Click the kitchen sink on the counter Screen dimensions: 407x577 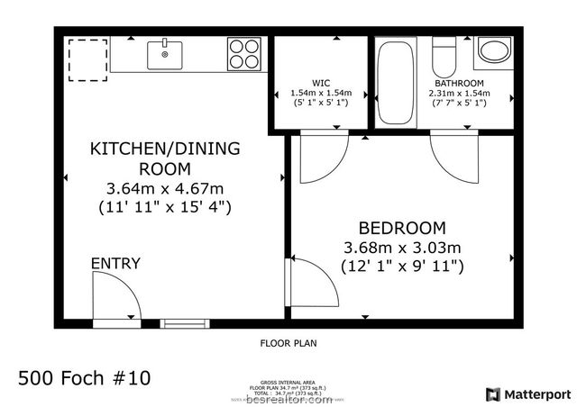166,54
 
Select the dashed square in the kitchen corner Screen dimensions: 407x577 87,59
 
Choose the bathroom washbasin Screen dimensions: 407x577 493,51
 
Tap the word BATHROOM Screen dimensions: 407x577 460,83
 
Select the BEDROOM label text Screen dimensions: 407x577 402,228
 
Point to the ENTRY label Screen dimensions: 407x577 115,263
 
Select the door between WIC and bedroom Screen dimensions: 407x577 321,153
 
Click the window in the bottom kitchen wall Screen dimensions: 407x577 184,322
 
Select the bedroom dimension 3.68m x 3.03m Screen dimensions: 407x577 402,248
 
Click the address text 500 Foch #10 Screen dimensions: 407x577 85,375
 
